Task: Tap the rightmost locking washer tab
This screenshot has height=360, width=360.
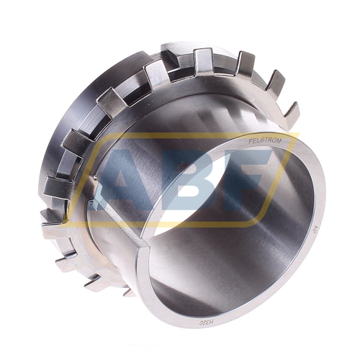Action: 291,112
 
